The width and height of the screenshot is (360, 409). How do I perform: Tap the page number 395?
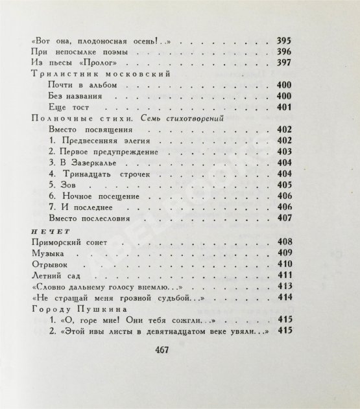pos(283,41)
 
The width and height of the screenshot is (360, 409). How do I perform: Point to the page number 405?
pos(283,185)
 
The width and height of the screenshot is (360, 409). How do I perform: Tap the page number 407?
pos(283,218)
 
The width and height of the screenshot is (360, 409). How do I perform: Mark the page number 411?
pos(283,275)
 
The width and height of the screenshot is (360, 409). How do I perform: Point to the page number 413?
pos(283,287)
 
